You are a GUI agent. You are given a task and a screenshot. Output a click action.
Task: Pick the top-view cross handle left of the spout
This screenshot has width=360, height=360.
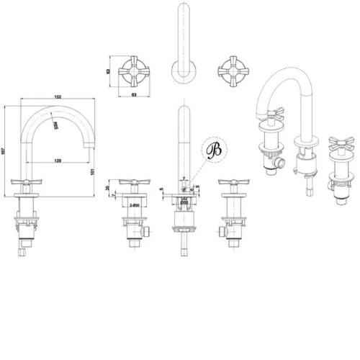pyautogui.click(x=132, y=71)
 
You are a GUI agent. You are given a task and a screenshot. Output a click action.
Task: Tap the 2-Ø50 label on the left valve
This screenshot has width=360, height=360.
pyautogui.click(x=132, y=205)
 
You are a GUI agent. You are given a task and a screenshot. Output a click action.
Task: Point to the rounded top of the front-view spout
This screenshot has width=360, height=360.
pyautogui.click(x=183, y=111)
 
